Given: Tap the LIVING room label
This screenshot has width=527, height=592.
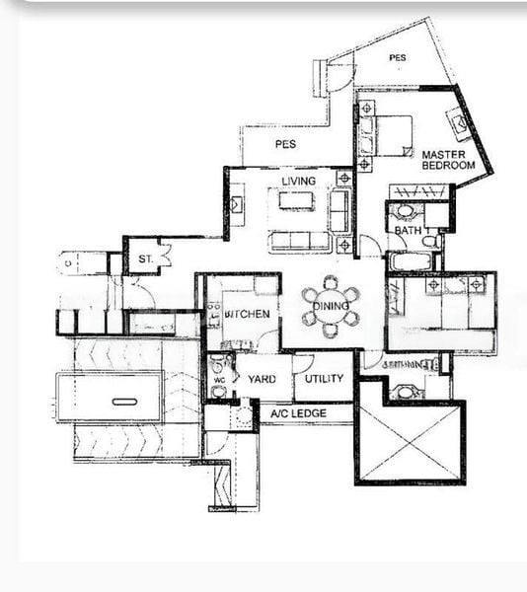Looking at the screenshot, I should (298, 182).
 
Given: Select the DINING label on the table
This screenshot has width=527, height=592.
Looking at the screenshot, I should (331, 306).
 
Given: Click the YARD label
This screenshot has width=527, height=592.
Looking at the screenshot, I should (262, 379).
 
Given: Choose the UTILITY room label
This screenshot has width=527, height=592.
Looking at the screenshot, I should (324, 379).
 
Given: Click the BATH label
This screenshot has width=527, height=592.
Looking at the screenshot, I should (408, 231).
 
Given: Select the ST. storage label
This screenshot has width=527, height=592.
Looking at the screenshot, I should (145, 259).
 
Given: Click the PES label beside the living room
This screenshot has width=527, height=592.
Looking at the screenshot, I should (286, 144).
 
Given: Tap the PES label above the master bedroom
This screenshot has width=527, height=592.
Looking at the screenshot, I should (397, 58).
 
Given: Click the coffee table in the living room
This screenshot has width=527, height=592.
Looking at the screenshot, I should (298, 201).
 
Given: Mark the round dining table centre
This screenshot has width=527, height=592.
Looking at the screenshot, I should (331, 306).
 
